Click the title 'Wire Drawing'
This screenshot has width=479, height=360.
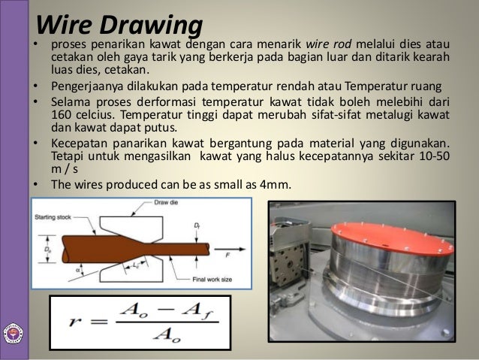point(119,24)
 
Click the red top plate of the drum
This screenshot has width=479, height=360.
point(383,219)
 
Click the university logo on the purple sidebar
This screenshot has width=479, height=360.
point(13,334)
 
